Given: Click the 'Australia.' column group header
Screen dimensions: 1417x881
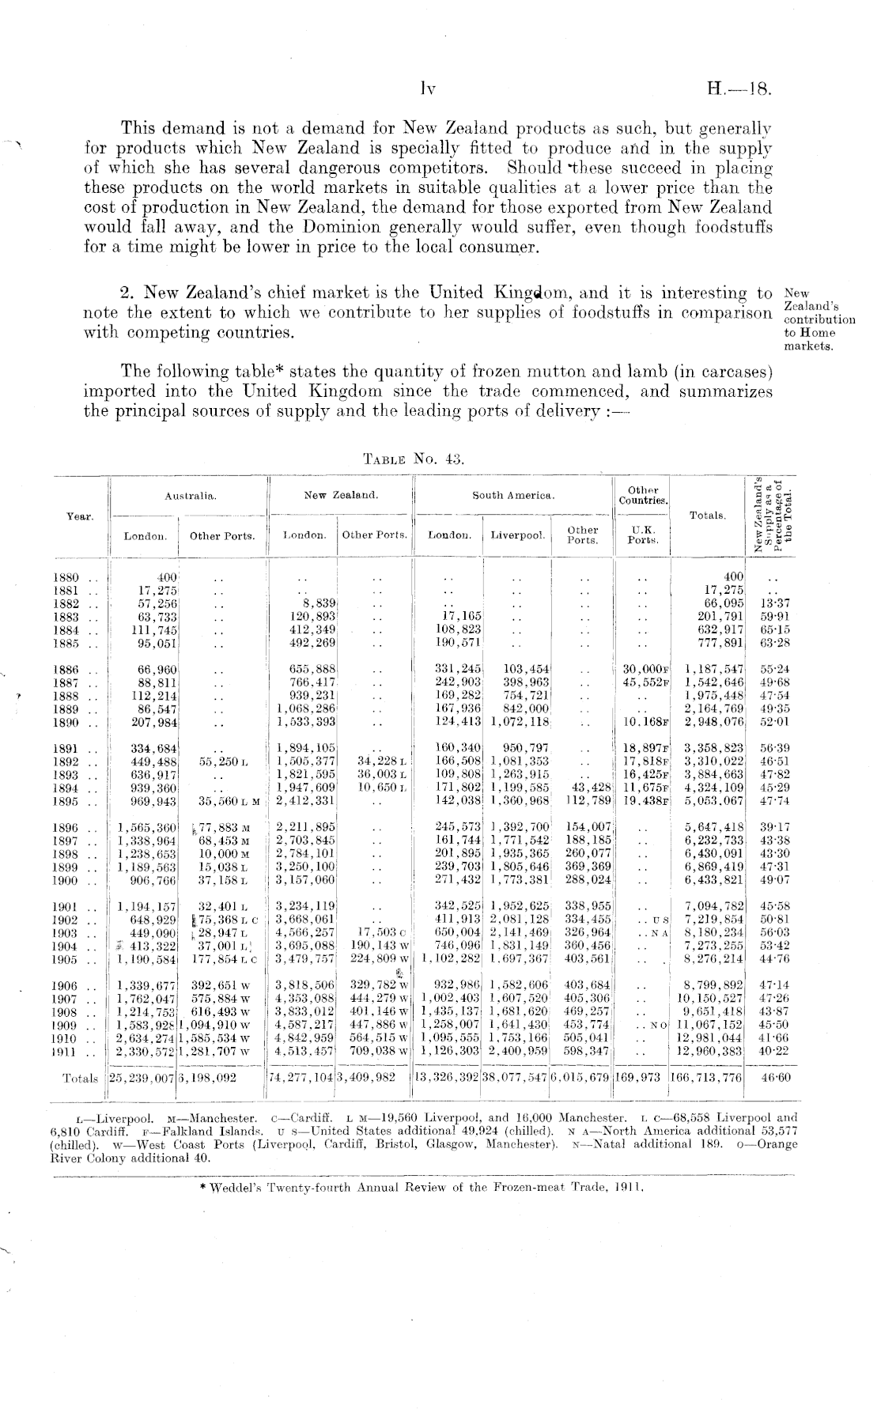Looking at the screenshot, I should [190, 496].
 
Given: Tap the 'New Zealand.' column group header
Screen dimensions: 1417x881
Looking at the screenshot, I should [341, 496].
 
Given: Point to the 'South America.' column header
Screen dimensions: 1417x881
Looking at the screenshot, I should [513, 496].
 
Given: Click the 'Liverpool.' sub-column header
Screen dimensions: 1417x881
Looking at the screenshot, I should [516, 535].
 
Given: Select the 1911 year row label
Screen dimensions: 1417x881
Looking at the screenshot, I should [77, 1052].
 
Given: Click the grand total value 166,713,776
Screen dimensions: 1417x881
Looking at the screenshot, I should [706, 1079].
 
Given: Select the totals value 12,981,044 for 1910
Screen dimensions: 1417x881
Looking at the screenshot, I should [709, 1039].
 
